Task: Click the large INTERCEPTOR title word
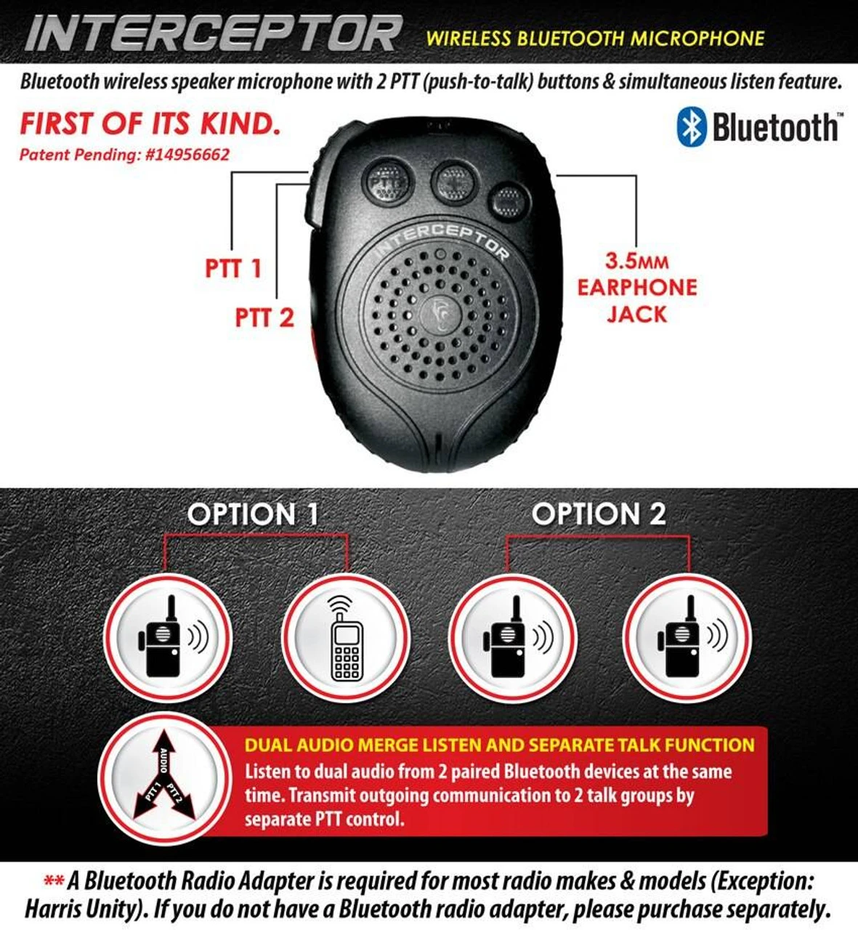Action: click(213, 33)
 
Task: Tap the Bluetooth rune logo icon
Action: click(691, 127)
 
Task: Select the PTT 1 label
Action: click(232, 268)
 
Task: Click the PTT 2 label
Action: click(264, 318)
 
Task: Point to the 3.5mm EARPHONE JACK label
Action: click(636, 287)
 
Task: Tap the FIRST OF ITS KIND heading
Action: click(150, 124)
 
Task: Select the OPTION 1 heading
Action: click(253, 514)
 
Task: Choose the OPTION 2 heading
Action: click(599, 514)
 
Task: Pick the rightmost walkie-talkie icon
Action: click(687, 639)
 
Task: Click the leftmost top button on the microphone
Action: click(387, 181)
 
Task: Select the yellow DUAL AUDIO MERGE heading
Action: click(499, 745)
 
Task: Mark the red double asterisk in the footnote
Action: click(54, 882)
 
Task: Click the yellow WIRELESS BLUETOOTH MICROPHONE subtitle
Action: click(595, 38)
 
